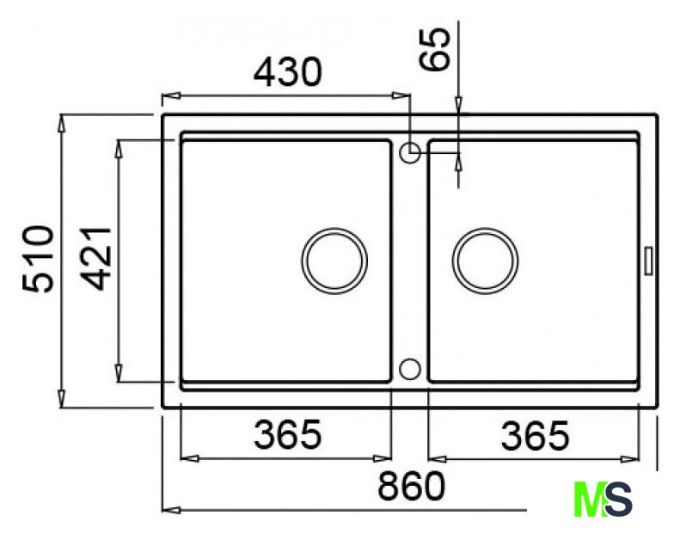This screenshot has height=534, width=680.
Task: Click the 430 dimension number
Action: point(287,71)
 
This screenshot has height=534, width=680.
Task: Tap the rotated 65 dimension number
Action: point(435,49)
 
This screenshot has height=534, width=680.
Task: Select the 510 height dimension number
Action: point(38,259)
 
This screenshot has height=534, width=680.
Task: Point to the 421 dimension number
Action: point(96,259)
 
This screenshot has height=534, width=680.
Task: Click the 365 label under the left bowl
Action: point(287,433)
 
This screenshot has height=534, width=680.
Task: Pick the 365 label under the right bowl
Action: point(535,435)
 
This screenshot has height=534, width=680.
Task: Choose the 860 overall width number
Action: point(412,486)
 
